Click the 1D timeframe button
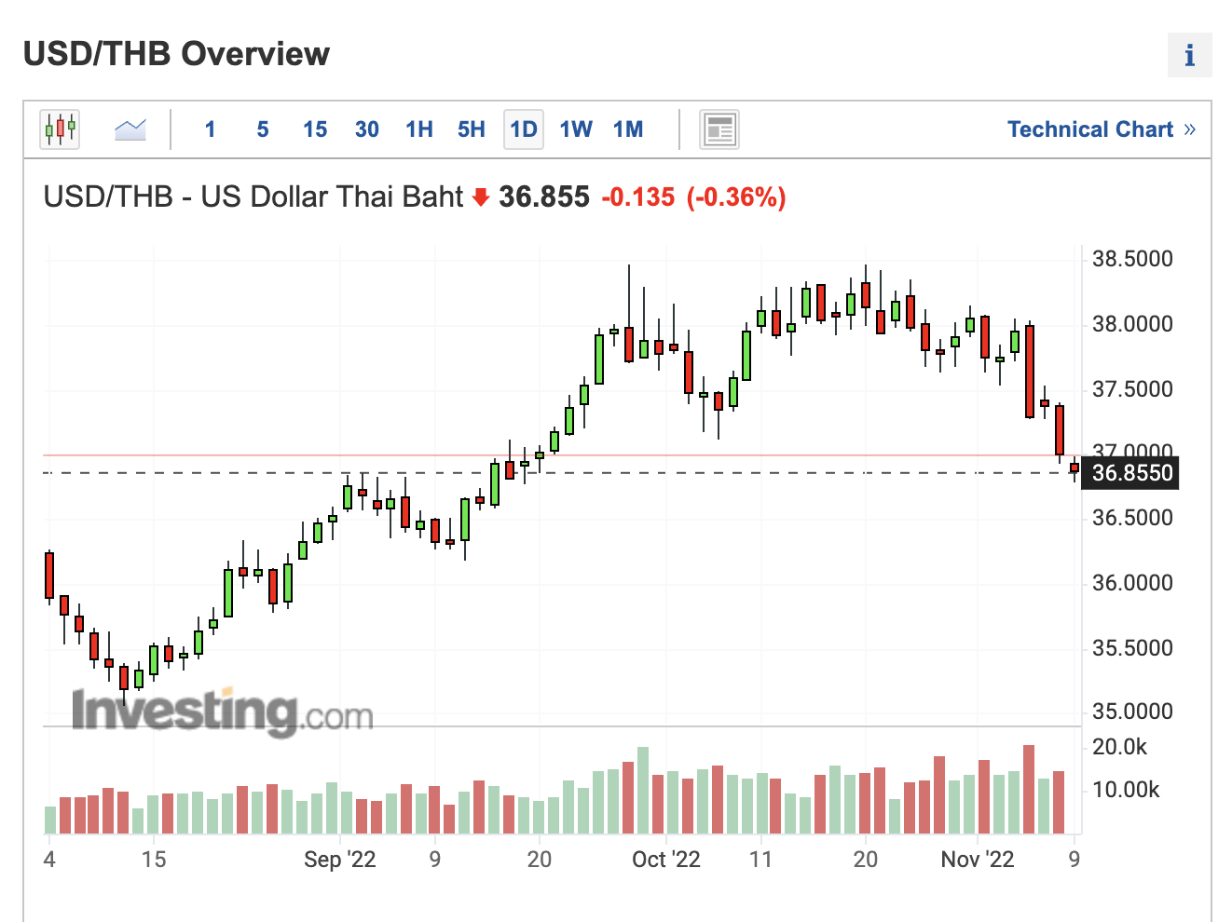click(x=524, y=129)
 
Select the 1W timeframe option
click(x=576, y=129)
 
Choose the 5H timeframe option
click(x=472, y=129)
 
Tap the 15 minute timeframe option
click(x=315, y=129)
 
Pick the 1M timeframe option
click(x=628, y=129)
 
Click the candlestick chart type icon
click(x=60, y=129)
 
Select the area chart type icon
click(x=130, y=129)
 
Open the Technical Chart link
click(x=1101, y=129)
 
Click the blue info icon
click(x=1189, y=56)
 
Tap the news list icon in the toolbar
click(x=719, y=129)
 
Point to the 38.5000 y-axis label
click(x=1132, y=259)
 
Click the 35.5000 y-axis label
click(x=1132, y=648)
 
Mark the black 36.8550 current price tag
click(x=1131, y=473)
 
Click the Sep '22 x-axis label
click(x=339, y=860)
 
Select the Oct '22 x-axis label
click(x=665, y=860)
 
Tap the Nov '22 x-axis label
click(x=977, y=860)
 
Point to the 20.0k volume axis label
click(x=1119, y=747)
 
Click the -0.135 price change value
click(x=638, y=197)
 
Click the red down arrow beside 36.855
click(x=481, y=197)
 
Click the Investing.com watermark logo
click(x=222, y=712)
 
